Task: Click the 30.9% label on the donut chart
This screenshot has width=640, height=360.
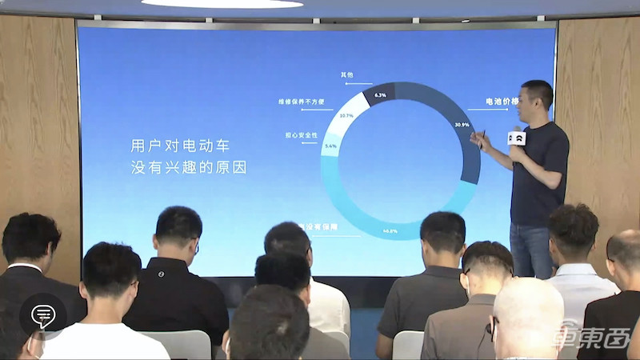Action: point(462,125)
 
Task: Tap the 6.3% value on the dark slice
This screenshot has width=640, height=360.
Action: point(380,94)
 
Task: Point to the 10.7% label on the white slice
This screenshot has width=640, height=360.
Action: point(346,117)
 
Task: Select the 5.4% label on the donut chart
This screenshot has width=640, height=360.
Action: point(331,146)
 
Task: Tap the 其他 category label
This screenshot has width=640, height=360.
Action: point(346,74)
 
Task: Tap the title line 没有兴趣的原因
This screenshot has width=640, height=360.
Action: point(189,168)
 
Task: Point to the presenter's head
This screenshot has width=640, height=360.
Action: point(537,96)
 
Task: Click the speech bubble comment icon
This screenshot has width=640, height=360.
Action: point(42,316)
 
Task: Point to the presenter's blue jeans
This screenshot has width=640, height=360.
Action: point(531,250)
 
